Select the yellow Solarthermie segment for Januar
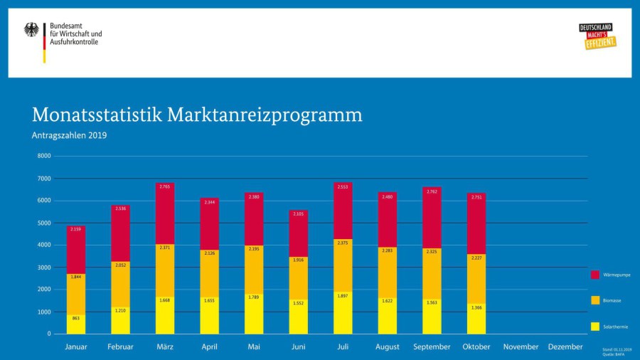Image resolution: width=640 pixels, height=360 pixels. tap(76, 325)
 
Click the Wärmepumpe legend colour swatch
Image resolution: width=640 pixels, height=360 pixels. tap(595, 275)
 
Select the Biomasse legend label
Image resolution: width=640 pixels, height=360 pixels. tap(612, 301)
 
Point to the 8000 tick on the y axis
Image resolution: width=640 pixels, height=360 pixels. tap(44, 156)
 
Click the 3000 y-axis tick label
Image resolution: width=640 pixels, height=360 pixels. tap(44, 268)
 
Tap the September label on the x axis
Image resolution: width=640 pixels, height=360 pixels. tap(432, 347)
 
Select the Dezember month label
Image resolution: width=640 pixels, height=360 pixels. tap(565, 347)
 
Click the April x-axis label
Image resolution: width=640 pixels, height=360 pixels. tap(209, 347)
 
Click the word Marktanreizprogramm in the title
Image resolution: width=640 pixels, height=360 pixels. tap(265, 115)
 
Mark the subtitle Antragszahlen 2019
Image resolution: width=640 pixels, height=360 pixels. tap(69, 135)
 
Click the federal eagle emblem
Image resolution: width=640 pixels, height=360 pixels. tap(32, 30)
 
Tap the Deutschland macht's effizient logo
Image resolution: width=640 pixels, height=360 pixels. tap(597, 36)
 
